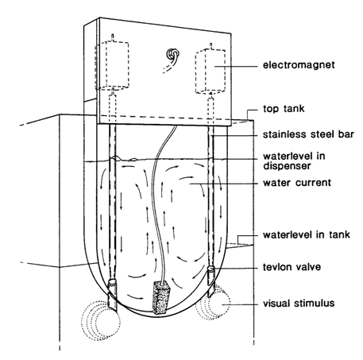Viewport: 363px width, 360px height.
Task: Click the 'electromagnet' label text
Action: pos(299,65)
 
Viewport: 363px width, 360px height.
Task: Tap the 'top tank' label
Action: pos(284,109)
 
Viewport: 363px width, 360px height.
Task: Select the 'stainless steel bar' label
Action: pos(308,134)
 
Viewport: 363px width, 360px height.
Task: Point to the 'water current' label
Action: pos(297,183)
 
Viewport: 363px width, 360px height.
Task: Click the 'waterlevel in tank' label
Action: pos(307,234)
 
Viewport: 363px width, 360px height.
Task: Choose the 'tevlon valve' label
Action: pos(292,267)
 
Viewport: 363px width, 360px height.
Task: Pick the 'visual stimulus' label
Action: pos(299,303)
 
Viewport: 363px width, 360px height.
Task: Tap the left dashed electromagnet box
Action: pos(112,65)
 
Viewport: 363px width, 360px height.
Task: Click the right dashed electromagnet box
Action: pos(210,71)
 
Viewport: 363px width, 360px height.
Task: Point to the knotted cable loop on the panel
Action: pos(172,55)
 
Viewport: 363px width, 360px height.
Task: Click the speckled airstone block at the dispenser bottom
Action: pos(160,297)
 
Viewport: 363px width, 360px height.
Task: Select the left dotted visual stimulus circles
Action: pos(101,321)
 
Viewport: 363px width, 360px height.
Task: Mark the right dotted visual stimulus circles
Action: pos(213,303)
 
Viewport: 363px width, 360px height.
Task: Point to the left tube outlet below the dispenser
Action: pos(112,296)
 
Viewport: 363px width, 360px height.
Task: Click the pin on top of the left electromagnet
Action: pos(113,37)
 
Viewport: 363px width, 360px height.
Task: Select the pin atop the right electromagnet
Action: pos(211,45)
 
